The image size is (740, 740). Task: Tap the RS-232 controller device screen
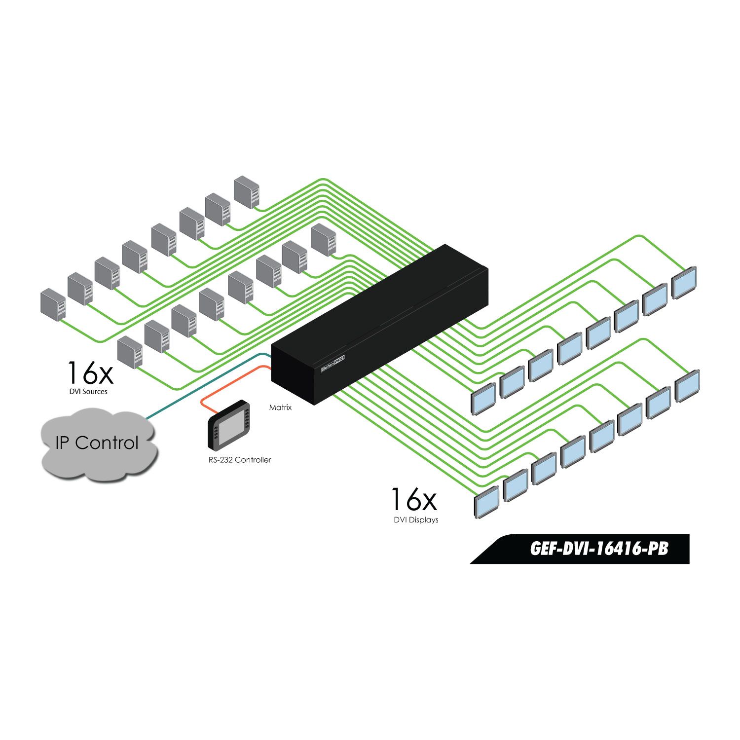(x=229, y=427)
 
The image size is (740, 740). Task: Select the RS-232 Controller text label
(x=239, y=460)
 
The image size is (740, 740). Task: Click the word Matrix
(x=280, y=407)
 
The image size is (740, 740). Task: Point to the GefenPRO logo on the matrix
(x=333, y=364)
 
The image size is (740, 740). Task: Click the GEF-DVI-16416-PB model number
(x=599, y=549)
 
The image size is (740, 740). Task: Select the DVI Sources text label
(x=88, y=392)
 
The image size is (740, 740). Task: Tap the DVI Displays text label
(x=416, y=520)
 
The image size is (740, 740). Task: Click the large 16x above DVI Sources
(x=90, y=373)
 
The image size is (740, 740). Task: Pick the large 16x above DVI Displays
(x=414, y=499)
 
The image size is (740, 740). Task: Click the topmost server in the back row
(x=247, y=191)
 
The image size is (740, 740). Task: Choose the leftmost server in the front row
(x=130, y=352)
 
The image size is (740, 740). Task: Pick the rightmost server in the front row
(x=324, y=240)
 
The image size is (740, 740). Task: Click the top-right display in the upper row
(x=685, y=283)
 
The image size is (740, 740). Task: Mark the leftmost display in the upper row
(x=483, y=399)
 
